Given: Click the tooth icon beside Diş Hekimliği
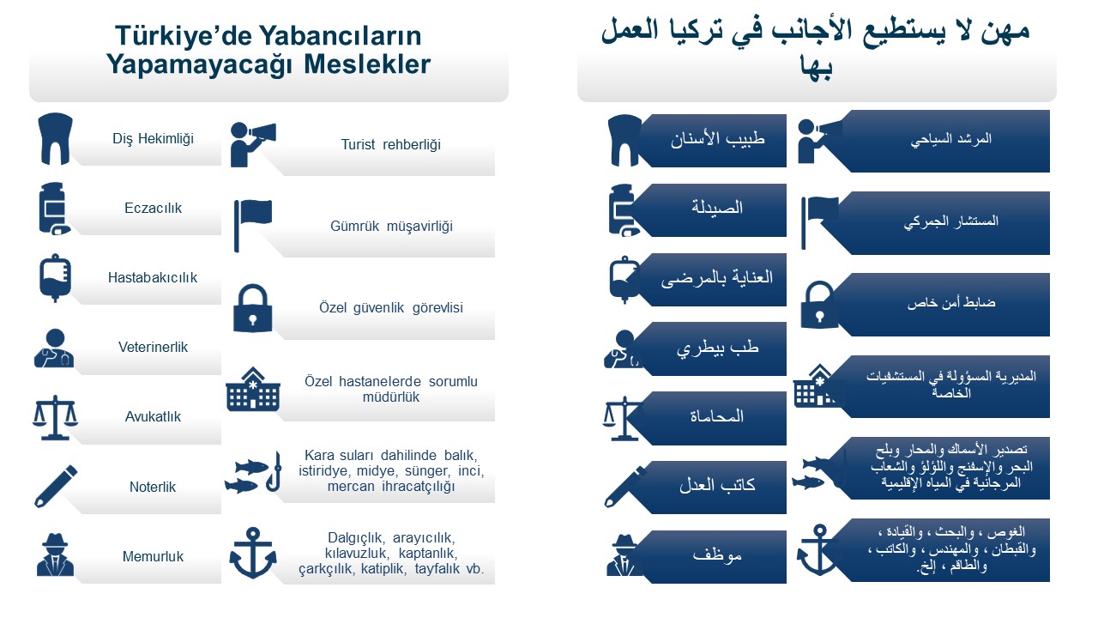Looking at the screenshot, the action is pos(55,139).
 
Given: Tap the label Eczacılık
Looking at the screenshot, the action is pos(153,208).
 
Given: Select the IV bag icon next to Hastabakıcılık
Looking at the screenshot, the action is pos(55,277).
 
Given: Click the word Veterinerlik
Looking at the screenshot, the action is pos(153,348).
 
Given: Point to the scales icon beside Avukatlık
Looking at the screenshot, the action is pos(55,417).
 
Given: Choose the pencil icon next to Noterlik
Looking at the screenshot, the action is pos(56,486).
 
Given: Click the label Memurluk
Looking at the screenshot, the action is pos(153,557).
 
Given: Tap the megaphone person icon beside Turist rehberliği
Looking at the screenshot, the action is pos(252,144).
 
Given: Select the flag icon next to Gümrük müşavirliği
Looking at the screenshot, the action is pos(253,226).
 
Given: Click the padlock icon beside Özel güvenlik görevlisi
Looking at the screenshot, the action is pos(253,308).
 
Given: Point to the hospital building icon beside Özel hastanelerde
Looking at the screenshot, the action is pos(253,389).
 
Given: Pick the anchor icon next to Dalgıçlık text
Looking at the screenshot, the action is pos(253,553).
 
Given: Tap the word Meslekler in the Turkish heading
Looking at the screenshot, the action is pos(367,64).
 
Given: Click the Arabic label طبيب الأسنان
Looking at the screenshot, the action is pos(718,139).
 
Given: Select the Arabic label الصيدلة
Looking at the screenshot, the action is pos(717,208).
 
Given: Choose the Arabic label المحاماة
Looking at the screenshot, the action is pos(717,417).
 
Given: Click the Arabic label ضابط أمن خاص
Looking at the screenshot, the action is pos(951,303).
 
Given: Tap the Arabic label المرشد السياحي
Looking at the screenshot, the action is pos(951,139).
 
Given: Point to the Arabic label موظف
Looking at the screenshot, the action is pos(717,555).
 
